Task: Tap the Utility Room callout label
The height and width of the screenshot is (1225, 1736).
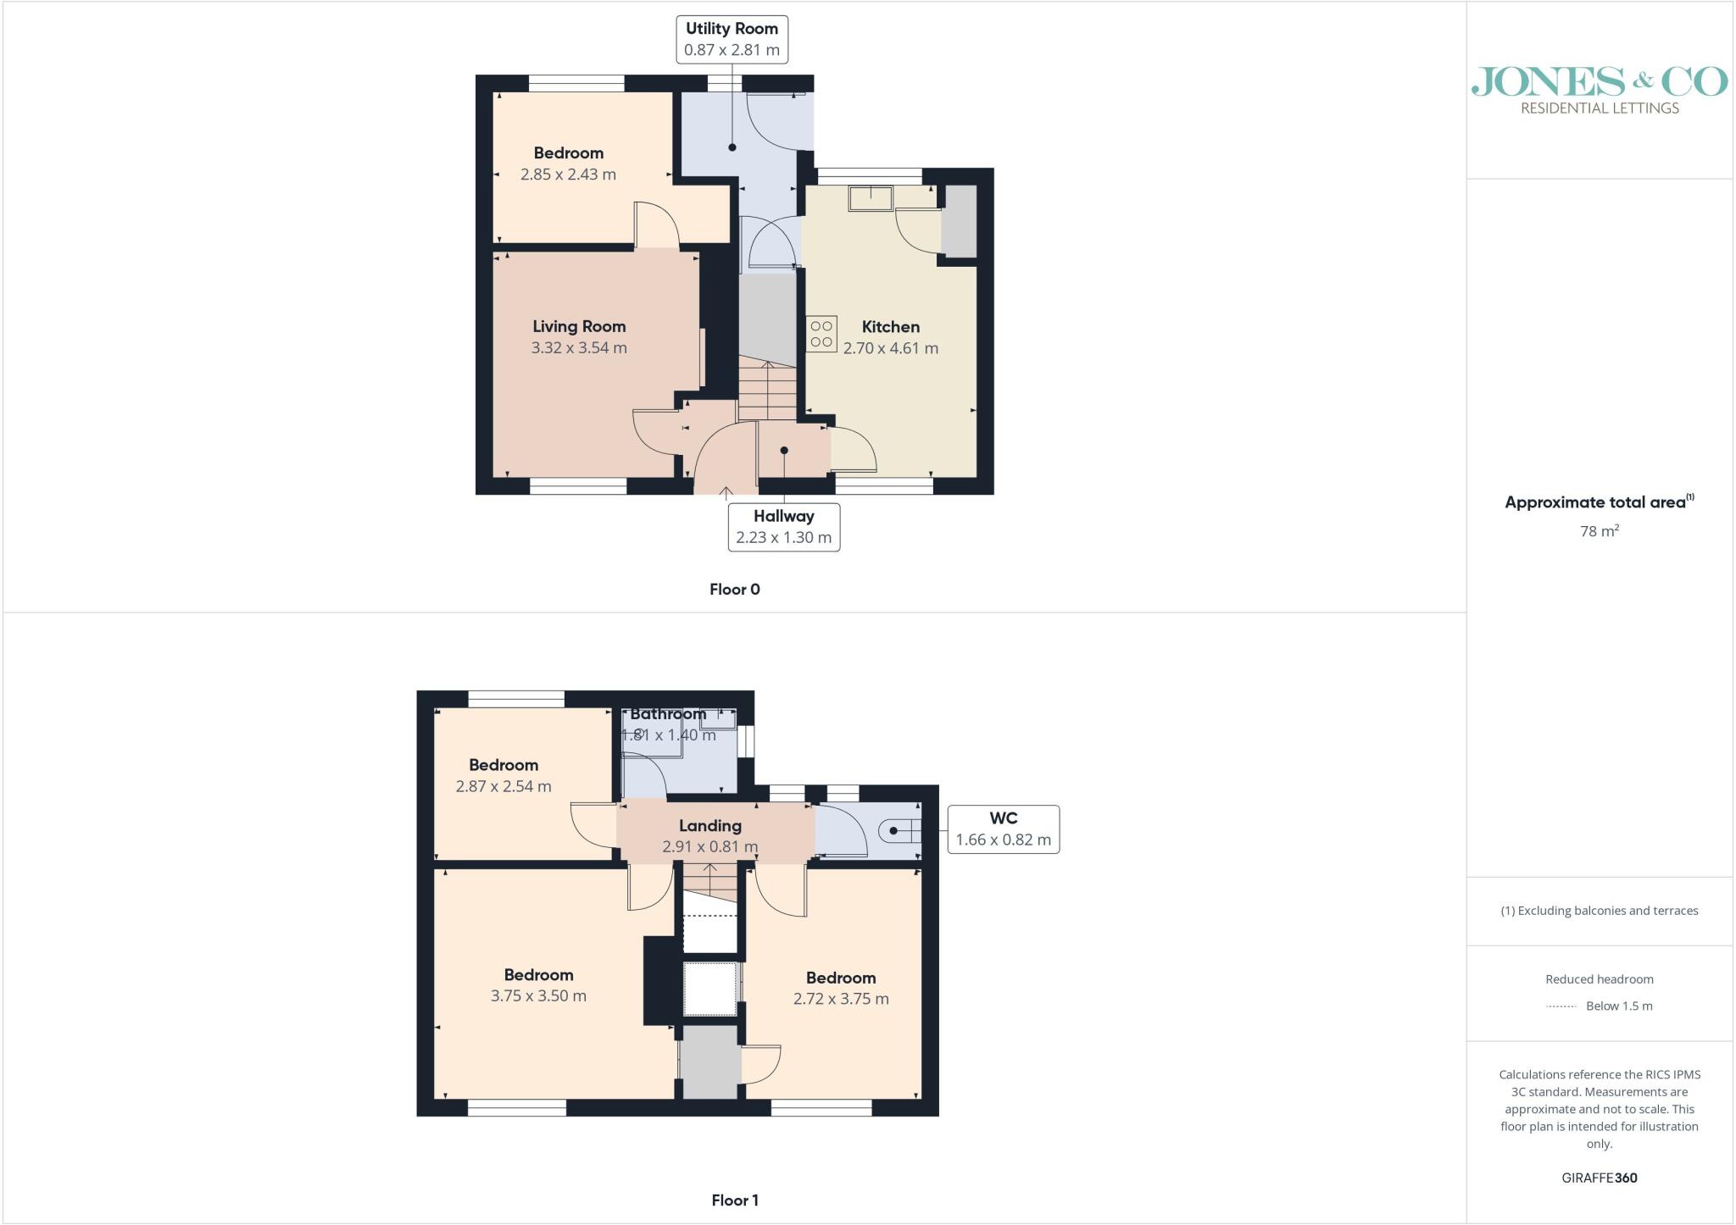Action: [732, 39]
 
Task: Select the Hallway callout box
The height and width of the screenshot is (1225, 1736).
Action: [784, 527]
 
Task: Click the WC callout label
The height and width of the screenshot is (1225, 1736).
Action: [1004, 829]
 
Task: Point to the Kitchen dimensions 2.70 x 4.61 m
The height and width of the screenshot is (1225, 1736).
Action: [891, 348]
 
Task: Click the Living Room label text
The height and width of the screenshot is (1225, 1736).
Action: [579, 326]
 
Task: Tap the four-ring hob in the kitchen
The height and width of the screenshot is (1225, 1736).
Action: [821, 333]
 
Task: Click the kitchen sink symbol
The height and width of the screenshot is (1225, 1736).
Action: [871, 198]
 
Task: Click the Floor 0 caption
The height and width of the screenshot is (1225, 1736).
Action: [735, 590]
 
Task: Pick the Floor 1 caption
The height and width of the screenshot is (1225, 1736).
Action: [735, 1200]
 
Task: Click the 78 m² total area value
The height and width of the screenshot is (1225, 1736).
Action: [1600, 531]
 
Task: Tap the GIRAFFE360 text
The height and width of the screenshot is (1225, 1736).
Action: [1600, 1178]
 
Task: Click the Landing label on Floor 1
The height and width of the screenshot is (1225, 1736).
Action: [710, 826]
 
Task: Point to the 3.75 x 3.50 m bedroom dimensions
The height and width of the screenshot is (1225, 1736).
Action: [538, 996]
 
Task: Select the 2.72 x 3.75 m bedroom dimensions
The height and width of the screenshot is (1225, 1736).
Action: [841, 999]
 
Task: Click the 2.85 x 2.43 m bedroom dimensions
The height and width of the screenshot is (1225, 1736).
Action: [568, 175]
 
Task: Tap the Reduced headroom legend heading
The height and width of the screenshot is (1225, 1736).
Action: [1600, 979]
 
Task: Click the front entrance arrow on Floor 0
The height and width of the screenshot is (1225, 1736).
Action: [726, 491]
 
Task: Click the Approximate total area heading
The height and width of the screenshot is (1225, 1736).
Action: [1600, 502]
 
